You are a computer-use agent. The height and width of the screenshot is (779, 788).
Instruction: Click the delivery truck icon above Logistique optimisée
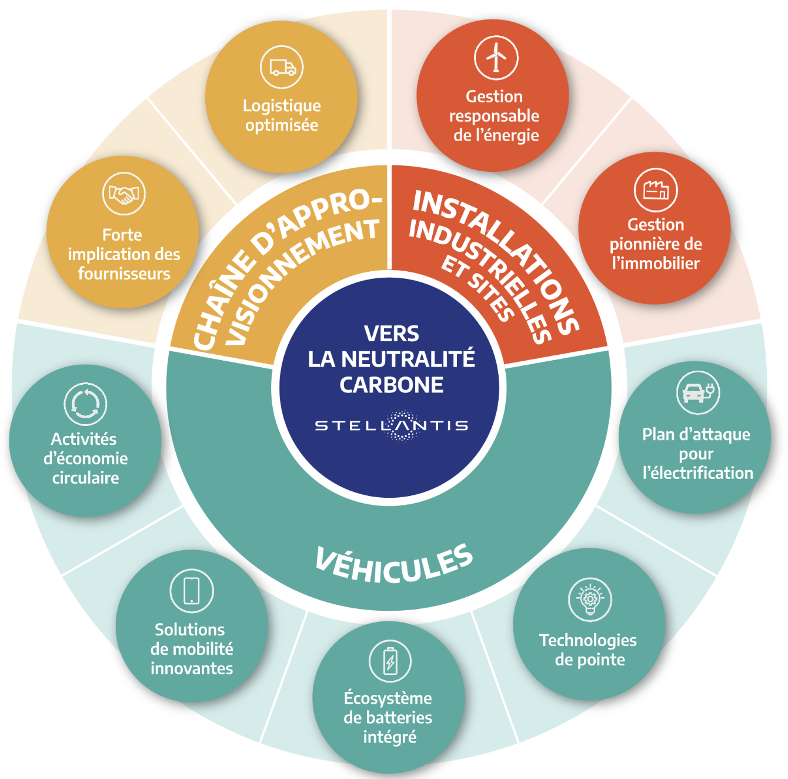point(282,67)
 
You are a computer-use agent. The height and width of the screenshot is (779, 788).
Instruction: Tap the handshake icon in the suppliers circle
point(124,194)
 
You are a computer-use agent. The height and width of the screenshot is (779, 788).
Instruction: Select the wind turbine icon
point(496,58)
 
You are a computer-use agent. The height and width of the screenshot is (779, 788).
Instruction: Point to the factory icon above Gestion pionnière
point(656,190)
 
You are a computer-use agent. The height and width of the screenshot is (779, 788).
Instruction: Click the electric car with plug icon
point(698,393)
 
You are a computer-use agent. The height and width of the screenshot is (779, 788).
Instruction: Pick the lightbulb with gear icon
point(590,599)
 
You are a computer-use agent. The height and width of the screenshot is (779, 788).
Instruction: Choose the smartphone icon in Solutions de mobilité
point(192,591)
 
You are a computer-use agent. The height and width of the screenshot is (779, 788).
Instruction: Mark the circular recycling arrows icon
point(85,404)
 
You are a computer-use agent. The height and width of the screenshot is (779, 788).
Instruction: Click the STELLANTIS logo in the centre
point(391,426)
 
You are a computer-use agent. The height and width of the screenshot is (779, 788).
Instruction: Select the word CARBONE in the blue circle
point(391,385)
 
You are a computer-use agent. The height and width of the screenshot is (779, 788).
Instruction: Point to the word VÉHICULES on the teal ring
point(394,564)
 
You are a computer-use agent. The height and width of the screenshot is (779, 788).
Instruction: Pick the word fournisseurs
point(124,274)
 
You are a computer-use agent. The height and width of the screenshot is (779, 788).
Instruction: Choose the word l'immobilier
point(656,263)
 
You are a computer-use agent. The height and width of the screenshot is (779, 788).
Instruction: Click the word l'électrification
point(698,473)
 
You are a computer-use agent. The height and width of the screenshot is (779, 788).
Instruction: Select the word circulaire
point(85,478)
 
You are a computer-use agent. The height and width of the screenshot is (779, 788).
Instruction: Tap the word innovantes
point(192,668)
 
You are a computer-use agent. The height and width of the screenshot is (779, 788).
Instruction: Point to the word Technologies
point(588,641)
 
